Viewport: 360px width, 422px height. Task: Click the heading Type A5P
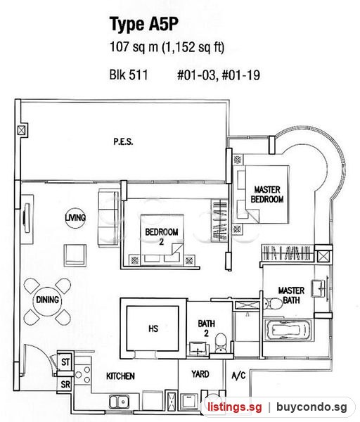pos(144,25)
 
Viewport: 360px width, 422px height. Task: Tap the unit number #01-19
pos(240,75)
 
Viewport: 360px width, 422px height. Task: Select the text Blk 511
pos(129,75)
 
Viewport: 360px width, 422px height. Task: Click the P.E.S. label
pos(123,141)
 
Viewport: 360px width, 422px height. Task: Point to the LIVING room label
pos(75,217)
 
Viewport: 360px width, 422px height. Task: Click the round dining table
pos(47,300)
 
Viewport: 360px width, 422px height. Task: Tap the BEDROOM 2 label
pos(162,236)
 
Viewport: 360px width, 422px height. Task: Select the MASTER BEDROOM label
pos(267,194)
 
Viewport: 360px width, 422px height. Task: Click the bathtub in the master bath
pos(288,330)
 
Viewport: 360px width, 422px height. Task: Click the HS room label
pos(153,328)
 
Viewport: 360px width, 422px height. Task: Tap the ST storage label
pos(65,362)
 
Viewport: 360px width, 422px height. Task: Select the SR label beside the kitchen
pos(65,384)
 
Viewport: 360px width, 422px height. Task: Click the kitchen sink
pos(120,402)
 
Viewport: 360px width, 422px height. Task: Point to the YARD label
pos(200,374)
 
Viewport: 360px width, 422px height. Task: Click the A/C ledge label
pos(238,375)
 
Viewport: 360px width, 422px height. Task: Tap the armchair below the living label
pos(75,255)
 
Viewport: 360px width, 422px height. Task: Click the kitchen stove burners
pos(82,375)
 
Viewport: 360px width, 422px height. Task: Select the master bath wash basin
pos(319,288)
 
